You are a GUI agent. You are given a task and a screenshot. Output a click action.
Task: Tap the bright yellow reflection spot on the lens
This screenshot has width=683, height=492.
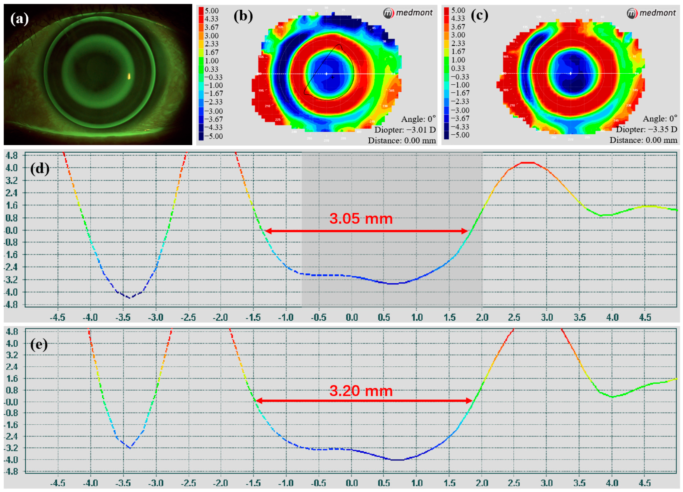tap(129, 77)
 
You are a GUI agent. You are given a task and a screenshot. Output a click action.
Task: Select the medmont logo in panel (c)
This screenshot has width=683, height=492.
tap(651, 13)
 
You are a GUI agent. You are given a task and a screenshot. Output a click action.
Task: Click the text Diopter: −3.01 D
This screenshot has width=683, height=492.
tap(405, 130)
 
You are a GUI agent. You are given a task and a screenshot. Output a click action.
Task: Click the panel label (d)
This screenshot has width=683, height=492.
tap(39, 168)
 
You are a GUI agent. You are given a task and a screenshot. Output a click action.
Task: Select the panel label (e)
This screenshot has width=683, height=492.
tap(39, 344)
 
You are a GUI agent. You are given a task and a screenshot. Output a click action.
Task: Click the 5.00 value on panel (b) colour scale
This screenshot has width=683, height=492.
tap(211, 11)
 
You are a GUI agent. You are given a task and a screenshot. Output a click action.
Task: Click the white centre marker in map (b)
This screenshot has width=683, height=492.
tap(327, 73)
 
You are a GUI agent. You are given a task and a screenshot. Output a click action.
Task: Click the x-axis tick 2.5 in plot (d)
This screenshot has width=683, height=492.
tap(514, 317)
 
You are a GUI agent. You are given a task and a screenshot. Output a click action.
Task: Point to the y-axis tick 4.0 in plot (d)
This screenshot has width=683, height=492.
tap(12, 168)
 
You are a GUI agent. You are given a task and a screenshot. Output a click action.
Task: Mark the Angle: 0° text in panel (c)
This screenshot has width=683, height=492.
tap(660, 119)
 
